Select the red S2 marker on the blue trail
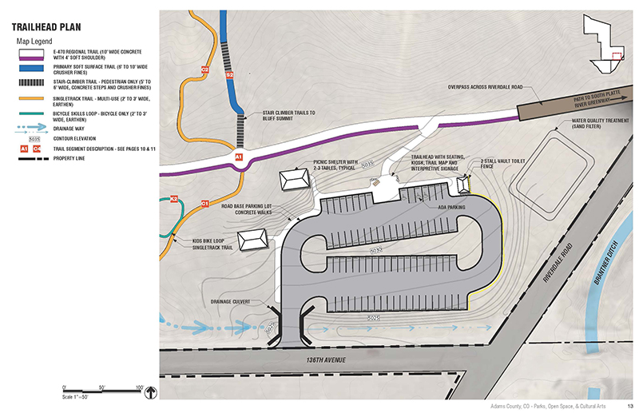coord(230,75)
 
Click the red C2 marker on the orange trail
coord(204,70)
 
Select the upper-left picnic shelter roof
coord(294,180)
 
